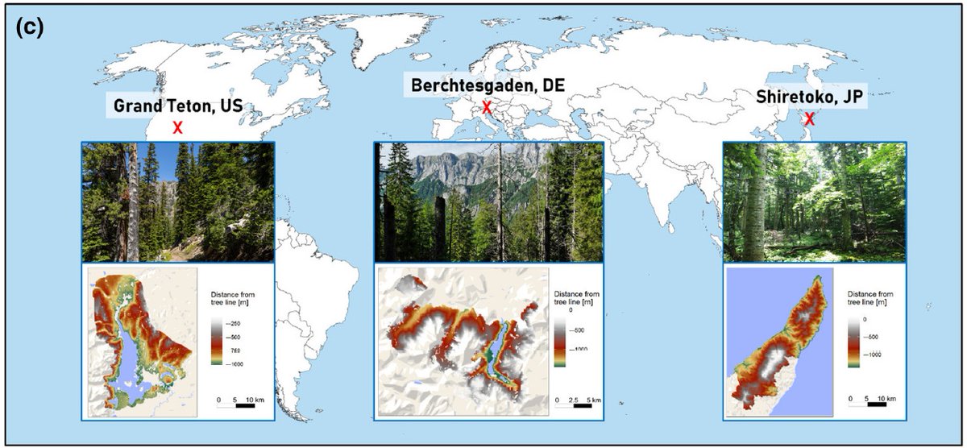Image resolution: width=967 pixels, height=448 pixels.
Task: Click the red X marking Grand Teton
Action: click(178, 127)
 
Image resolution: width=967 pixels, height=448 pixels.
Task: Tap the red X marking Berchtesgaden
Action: click(487, 107)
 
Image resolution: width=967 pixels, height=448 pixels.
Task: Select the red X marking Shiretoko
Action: click(809, 119)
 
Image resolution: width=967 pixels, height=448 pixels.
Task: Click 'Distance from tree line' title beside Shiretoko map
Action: click(871, 298)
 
